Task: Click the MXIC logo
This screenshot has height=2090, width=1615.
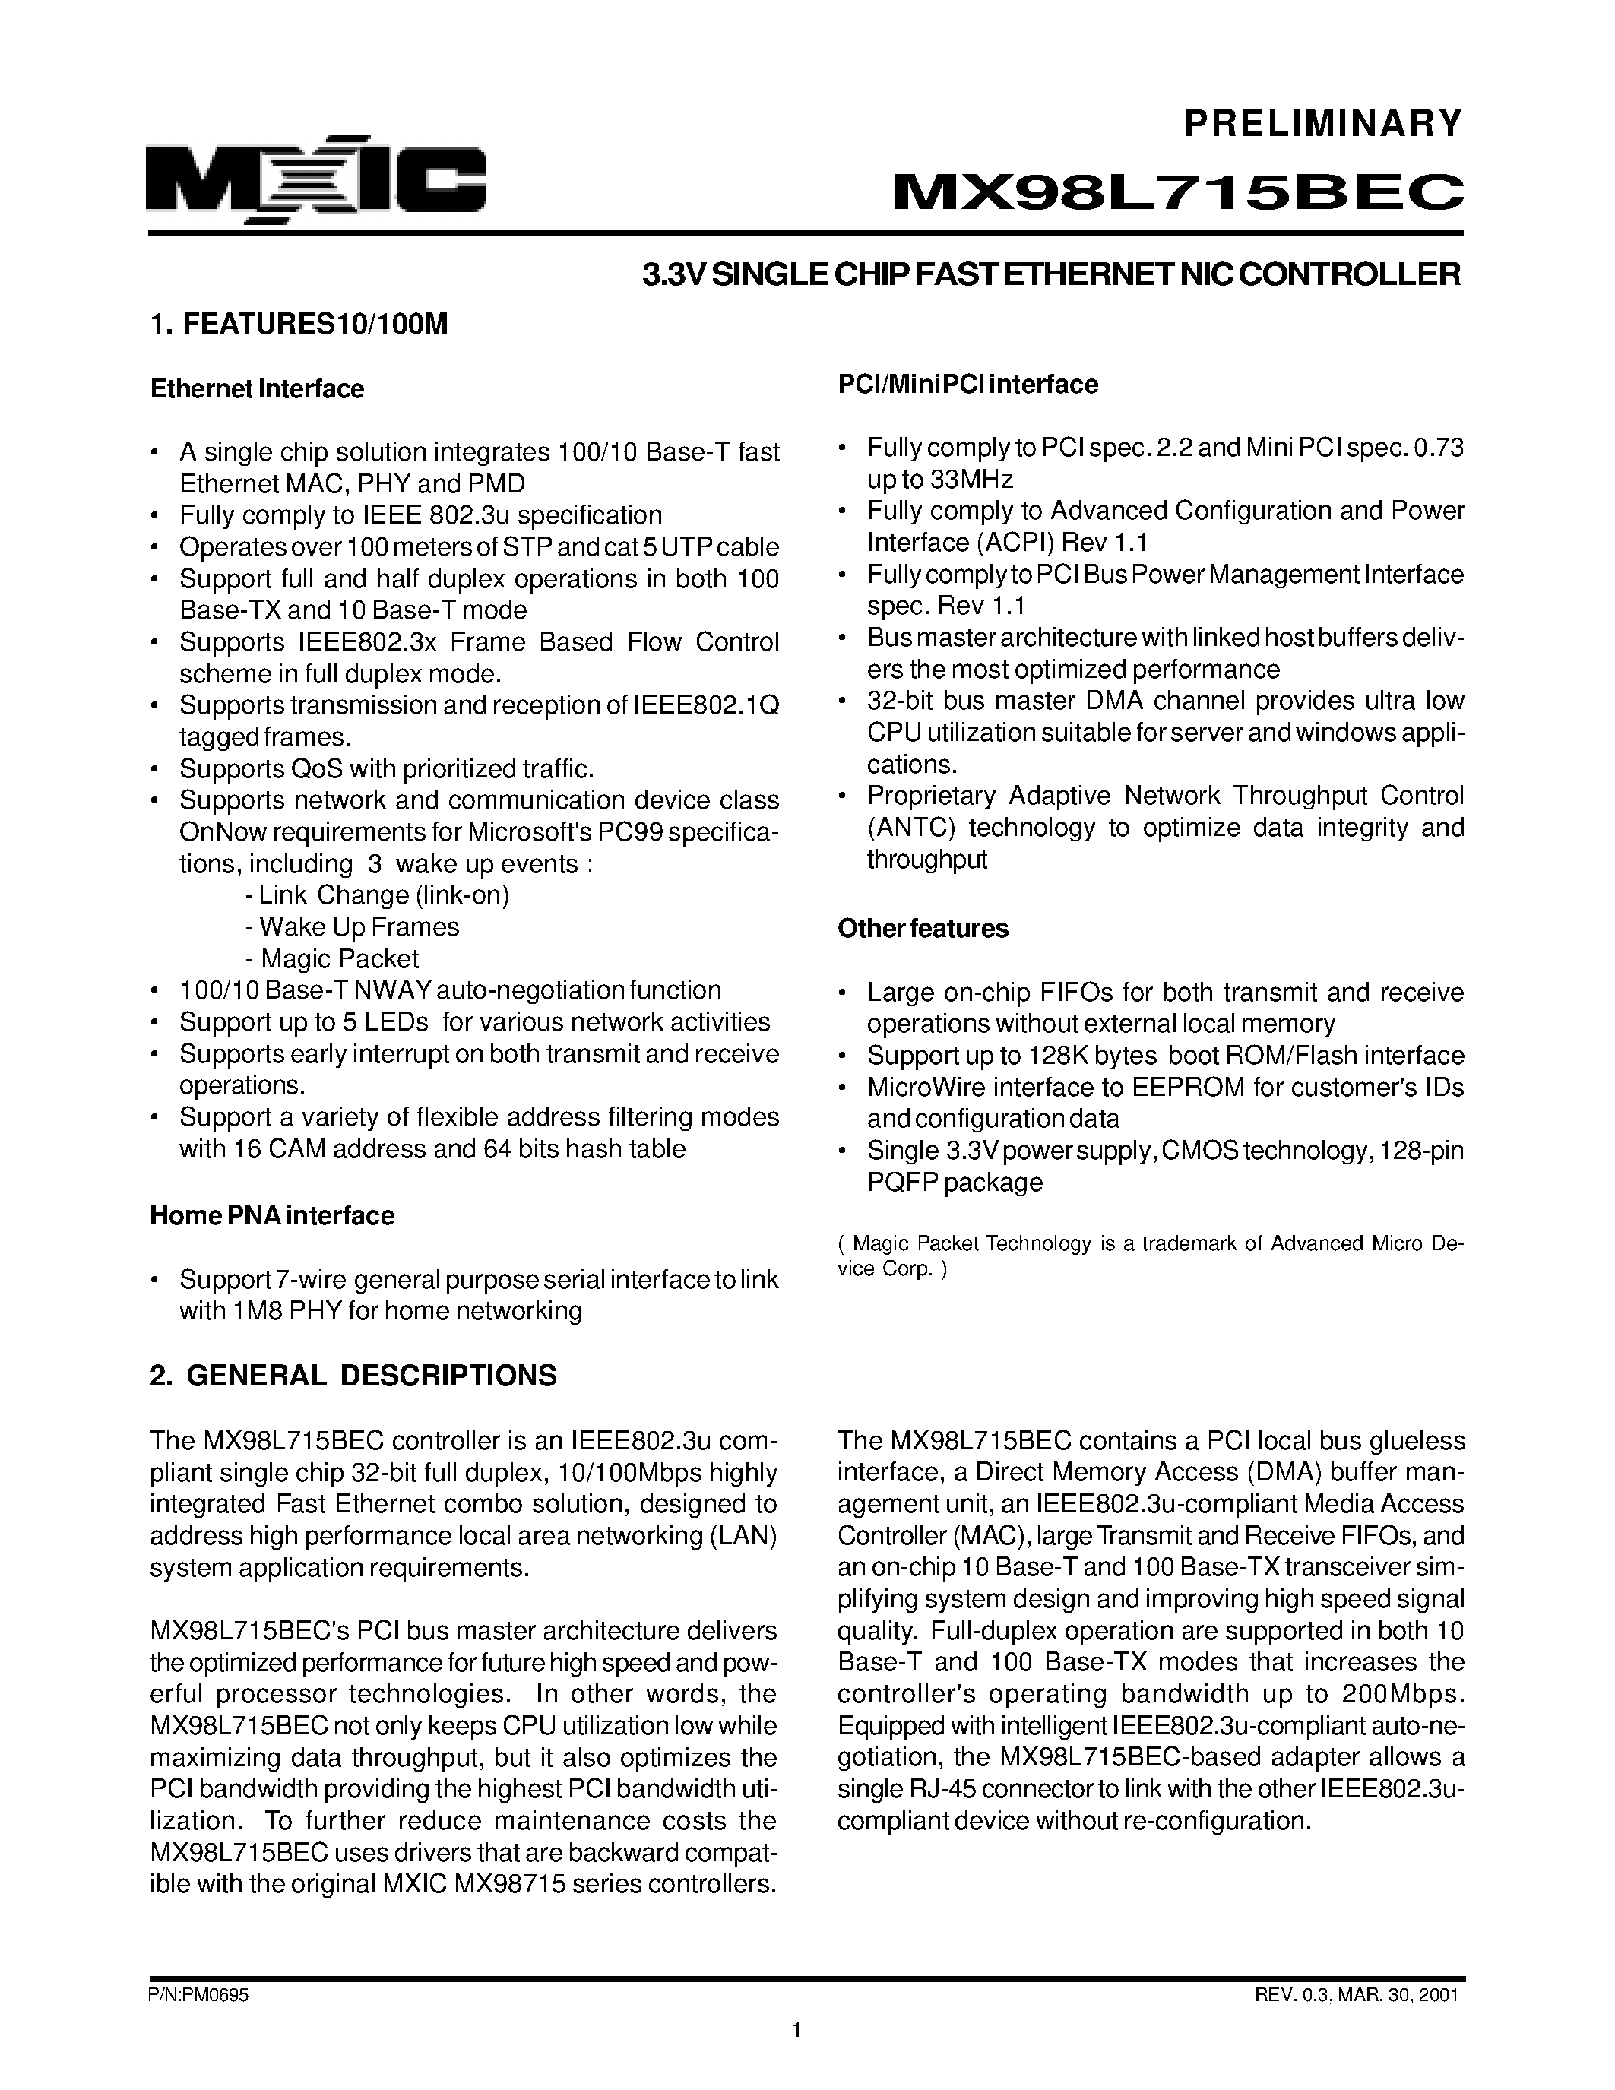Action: pyautogui.click(x=315, y=179)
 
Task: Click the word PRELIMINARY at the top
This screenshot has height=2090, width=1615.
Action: pyautogui.click(x=1323, y=123)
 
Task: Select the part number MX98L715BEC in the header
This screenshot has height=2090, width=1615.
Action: pyautogui.click(x=1178, y=193)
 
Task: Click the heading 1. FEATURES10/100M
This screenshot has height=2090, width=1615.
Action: pyautogui.click(x=299, y=325)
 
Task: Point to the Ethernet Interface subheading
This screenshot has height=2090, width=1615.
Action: pyautogui.click(x=258, y=389)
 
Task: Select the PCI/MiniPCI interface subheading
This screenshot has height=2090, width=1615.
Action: pyautogui.click(x=967, y=385)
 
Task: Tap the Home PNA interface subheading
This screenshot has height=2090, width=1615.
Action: pyautogui.click(x=272, y=1216)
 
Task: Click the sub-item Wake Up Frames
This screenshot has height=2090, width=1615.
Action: pyautogui.click(x=352, y=927)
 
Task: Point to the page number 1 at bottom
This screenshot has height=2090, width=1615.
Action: pyautogui.click(x=796, y=2052)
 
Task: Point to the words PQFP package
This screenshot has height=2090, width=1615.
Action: pyautogui.click(x=954, y=1183)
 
